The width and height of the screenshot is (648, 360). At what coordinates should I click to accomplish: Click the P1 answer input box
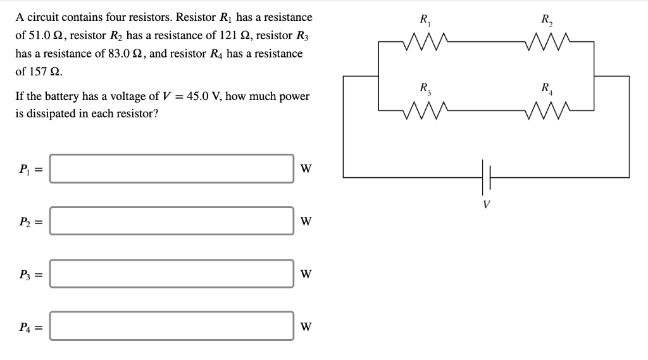pos(171,169)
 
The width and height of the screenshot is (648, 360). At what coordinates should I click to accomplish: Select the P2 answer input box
pos(171,221)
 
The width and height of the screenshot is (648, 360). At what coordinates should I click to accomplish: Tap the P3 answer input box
pos(171,274)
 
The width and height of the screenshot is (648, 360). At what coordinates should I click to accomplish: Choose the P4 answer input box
pos(171,326)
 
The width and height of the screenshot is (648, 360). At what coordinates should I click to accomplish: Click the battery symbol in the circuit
pos(486,177)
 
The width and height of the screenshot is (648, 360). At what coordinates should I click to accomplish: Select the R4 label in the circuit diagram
pos(545,88)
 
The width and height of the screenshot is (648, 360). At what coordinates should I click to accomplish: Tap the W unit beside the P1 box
pos(306,169)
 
